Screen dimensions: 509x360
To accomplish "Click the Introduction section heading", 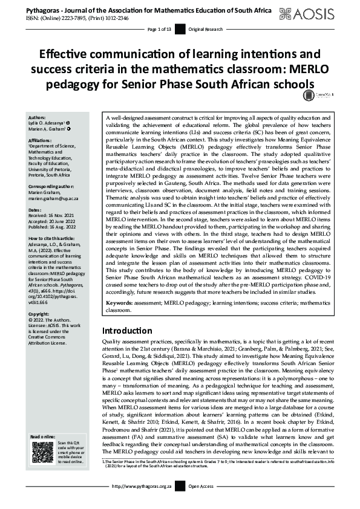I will point(127,331).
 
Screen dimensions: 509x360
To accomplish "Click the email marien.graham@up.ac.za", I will point(57,181).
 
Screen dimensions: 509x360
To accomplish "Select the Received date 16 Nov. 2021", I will point(54,199).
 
